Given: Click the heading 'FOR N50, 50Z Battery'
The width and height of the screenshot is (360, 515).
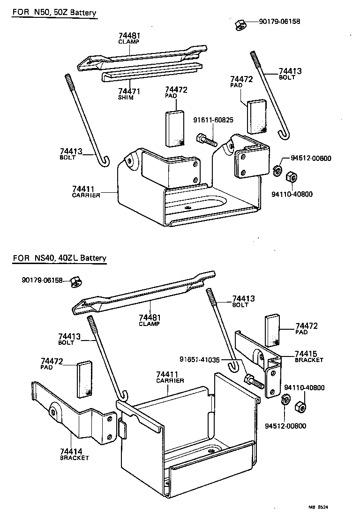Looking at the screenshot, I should (54, 13).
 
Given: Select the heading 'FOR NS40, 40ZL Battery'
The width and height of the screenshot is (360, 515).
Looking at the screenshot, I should (60, 257).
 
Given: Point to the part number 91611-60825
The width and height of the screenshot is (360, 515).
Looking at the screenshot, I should (213, 120).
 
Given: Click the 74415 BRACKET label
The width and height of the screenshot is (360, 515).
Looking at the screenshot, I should (309, 356).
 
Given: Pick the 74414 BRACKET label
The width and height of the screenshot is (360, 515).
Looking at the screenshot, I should (74, 454).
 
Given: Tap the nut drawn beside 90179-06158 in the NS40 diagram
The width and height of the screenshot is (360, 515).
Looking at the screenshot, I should (74, 282).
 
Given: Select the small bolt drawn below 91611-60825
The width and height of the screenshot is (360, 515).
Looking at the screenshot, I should (207, 139).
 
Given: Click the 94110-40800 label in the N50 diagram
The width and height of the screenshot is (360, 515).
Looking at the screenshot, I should (292, 194).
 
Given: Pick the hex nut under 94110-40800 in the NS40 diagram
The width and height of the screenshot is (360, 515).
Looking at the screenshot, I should (299, 406).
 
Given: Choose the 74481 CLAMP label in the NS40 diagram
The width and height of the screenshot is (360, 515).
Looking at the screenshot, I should (150, 320).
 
